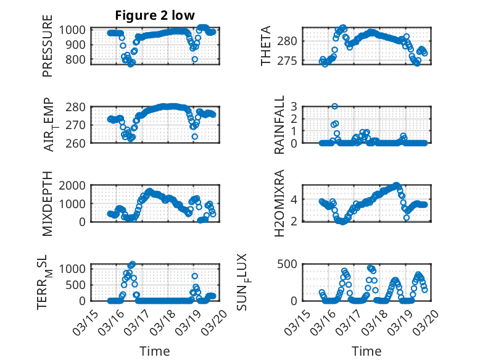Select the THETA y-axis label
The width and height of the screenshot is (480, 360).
pyautogui.click(x=266, y=46)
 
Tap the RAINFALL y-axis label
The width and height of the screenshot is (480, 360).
pyautogui.click(x=279, y=125)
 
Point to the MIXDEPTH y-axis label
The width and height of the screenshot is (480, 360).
pyautogui.click(x=48, y=203)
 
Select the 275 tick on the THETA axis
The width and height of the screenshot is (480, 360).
pyautogui.click(x=292, y=61)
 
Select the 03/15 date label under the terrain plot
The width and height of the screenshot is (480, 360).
pyautogui.click(x=83, y=319)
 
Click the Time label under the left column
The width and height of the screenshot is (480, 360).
pyautogui.click(x=154, y=351)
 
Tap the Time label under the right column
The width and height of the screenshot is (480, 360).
pyautogui.click(x=366, y=351)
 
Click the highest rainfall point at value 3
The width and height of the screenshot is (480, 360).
pyautogui.click(x=335, y=106)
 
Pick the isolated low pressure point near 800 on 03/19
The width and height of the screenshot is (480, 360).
pyautogui.click(x=194, y=59)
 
